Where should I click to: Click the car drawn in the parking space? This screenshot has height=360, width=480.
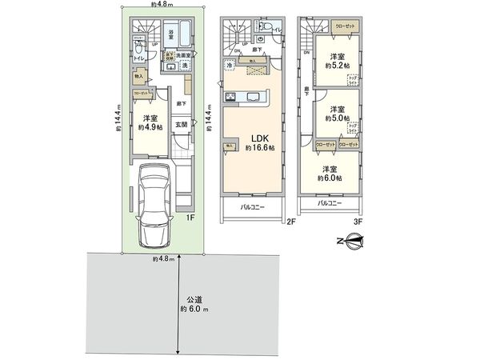(155, 205)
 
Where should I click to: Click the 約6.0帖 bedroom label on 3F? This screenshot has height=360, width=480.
(330, 173)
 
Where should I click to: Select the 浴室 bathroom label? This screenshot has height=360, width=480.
(171, 34)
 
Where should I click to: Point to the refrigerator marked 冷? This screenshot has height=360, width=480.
(230, 65)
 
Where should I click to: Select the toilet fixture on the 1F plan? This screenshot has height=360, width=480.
(141, 48)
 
